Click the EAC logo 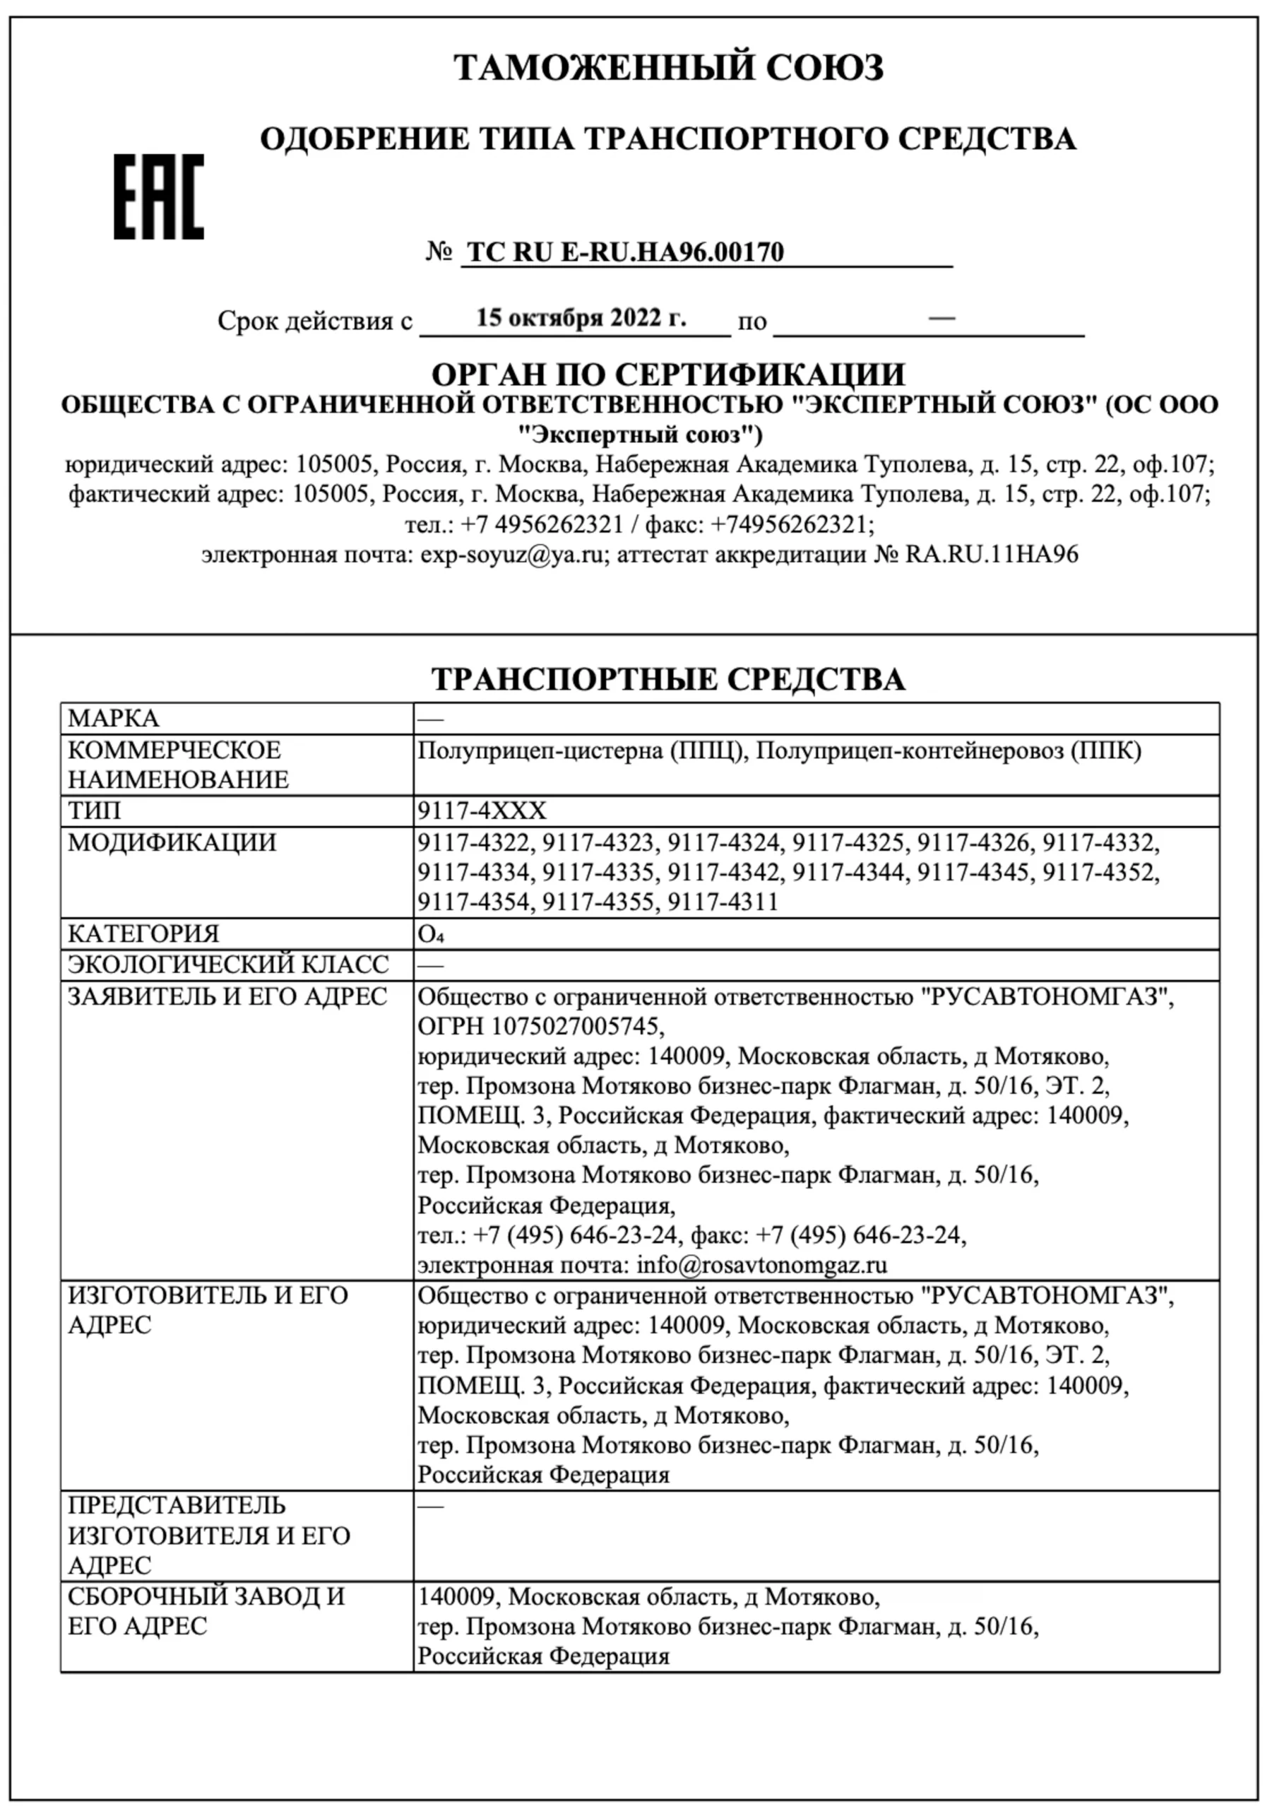158,197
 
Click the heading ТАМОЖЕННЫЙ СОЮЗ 668,68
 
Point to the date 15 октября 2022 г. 581,317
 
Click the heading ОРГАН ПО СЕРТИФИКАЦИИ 668,374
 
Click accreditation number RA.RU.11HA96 991,555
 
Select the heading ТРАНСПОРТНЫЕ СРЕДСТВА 668,679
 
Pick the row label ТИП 95,811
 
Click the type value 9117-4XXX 481,811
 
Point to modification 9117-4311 723,902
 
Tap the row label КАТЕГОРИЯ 143,933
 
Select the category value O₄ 431,934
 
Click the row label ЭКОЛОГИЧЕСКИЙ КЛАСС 228,965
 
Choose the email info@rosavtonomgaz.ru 761,1266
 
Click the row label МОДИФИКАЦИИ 172,842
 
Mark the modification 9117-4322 473,843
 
